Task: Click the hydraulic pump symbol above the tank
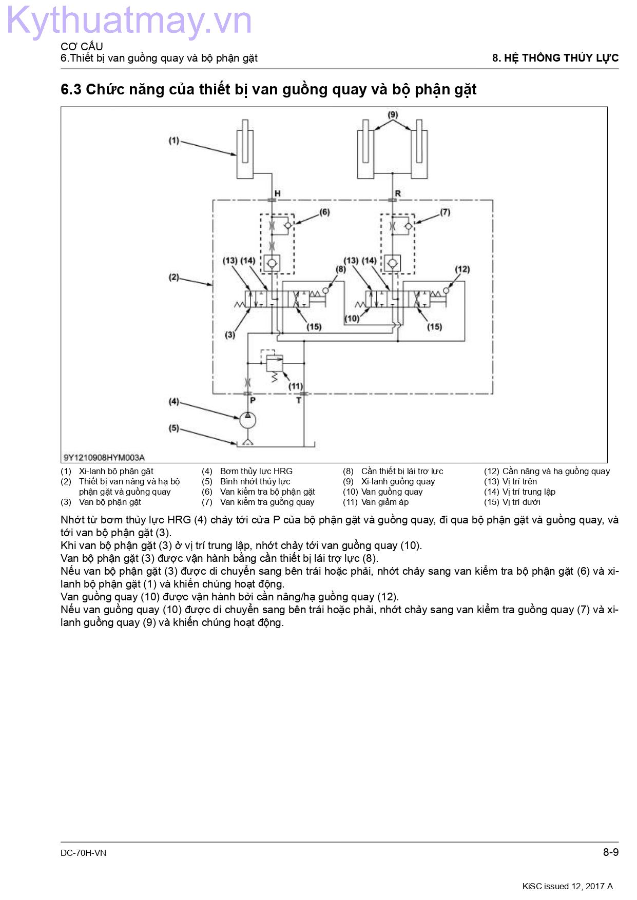247,420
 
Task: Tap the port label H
277,193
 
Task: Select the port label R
398,193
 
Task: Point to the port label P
253,400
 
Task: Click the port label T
299,400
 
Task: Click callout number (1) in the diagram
174,140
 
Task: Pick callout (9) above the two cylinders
393,114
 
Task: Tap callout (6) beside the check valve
324,212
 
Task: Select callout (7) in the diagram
445,212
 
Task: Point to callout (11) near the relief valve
296,386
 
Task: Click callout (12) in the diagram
462,269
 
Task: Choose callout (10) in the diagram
352,318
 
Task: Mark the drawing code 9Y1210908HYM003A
104,457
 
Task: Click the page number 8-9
611,852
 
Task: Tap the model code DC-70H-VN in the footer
83,853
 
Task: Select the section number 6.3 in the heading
71,89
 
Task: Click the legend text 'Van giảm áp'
385,502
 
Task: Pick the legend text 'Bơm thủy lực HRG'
256,471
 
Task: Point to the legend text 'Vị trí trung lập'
529,492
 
